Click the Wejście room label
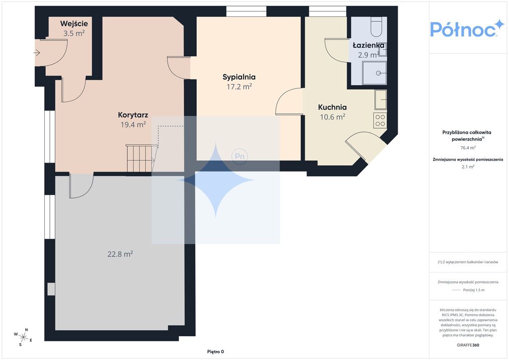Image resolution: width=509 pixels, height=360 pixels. (x=74, y=24)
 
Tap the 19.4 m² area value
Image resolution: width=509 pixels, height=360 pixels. (x=133, y=124)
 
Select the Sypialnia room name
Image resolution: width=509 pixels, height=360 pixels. (x=239, y=77)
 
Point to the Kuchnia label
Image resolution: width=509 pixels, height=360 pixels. (x=332, y=107)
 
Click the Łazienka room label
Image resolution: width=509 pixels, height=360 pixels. (x=368, y=45)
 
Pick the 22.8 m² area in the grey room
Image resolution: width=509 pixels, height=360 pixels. (x=120, y=254)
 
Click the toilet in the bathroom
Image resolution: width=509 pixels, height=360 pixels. (x=377, y=27)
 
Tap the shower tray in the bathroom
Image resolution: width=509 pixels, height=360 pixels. (x=374, y=73)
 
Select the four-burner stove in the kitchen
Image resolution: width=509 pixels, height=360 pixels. (x=380, y=120)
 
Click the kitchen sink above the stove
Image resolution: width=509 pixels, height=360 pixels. (x=380, y=99)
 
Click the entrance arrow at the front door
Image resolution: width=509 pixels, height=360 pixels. (x=37, y=53)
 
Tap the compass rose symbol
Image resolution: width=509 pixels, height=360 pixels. (x=23, y=337)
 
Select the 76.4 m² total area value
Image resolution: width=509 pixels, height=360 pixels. (x=468, y=148)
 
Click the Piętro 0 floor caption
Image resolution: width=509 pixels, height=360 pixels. (x=216, y=352)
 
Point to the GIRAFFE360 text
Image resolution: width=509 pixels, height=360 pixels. (x=468, y=345)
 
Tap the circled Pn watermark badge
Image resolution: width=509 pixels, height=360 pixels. (x=240, y=157)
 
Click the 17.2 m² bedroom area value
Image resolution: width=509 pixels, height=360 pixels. (x=239, y=87)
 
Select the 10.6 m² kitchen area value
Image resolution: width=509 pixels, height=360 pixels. (x=333, y=117)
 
